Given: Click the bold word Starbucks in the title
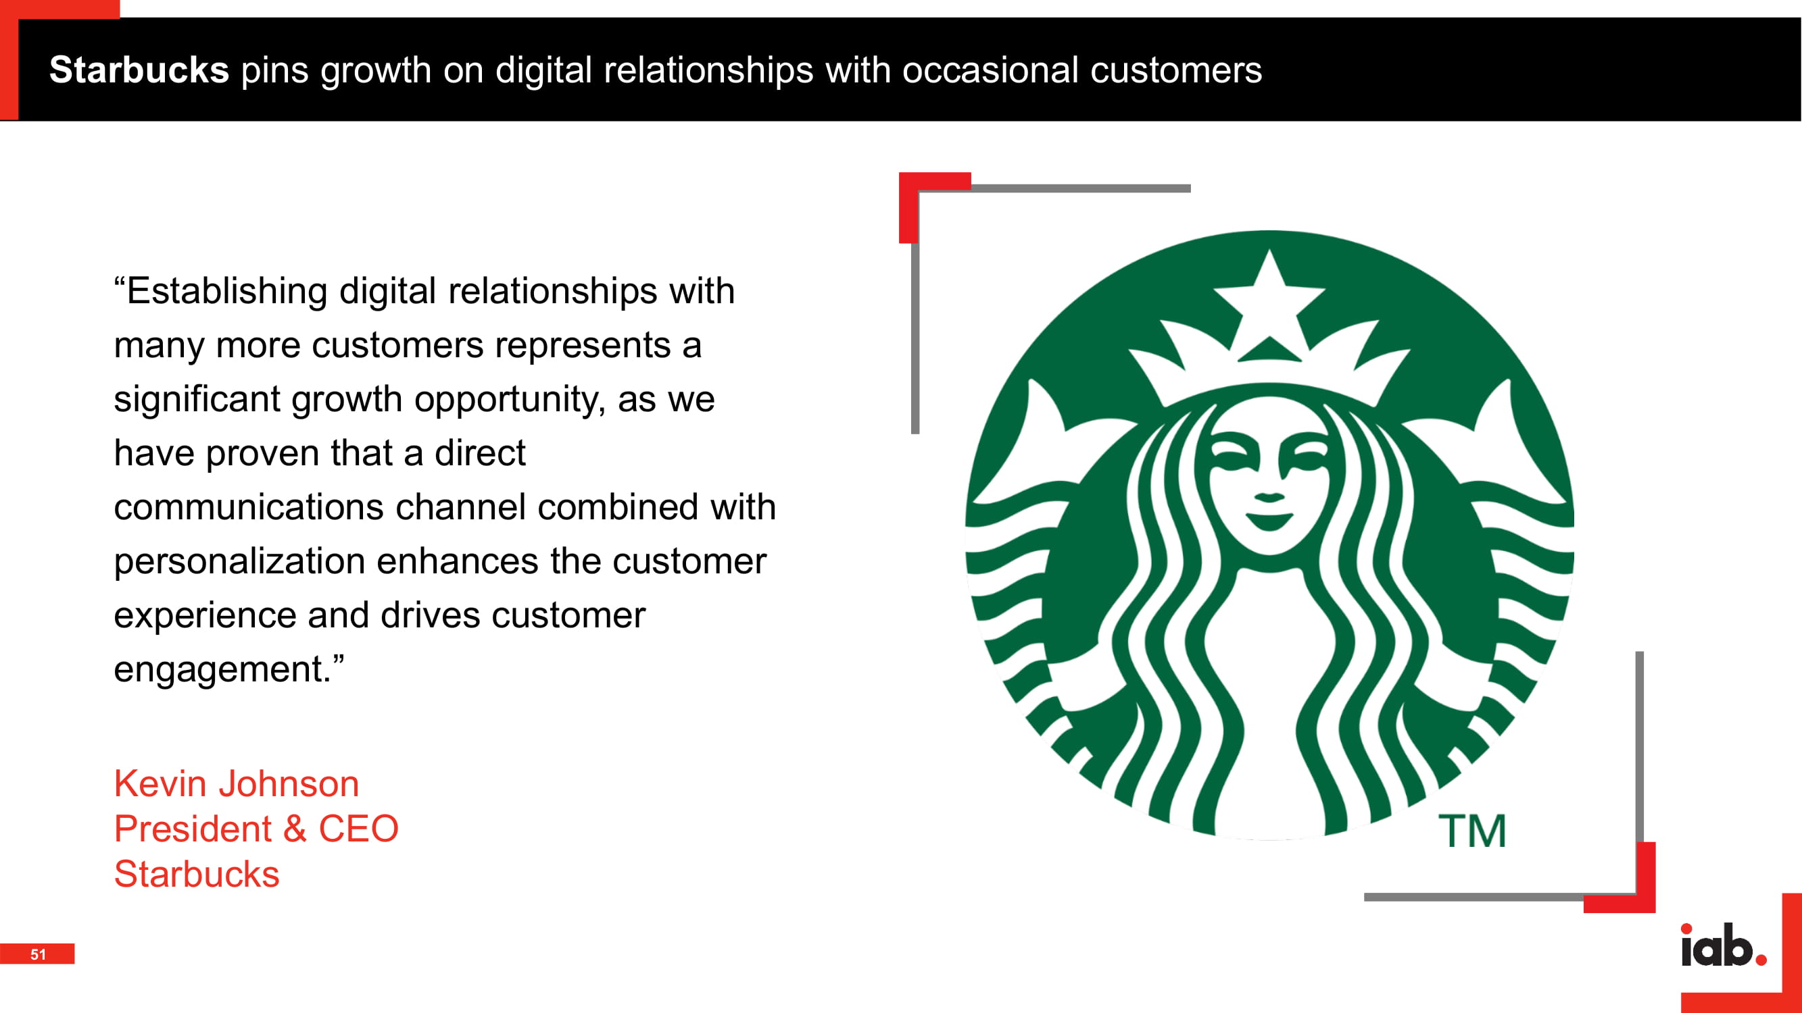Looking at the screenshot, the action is click(139, 70).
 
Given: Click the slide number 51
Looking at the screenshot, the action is click(38, 954).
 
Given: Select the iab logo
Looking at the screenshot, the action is click(1724, 945).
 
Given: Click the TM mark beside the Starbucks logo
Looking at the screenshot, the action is click(1473, 831).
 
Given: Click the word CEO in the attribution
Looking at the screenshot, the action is click(358, 829).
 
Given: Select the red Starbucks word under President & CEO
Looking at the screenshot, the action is click(197, 875).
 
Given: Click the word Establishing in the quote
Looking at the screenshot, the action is click(227, 292).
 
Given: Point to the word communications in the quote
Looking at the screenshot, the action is click(249, 508).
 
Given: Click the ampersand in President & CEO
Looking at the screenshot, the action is click(295, 829).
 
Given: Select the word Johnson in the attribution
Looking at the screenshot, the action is click(289, 783).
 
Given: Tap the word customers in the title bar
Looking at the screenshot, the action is click(1176, 70).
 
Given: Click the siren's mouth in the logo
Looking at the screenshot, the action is click(1269, 521).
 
